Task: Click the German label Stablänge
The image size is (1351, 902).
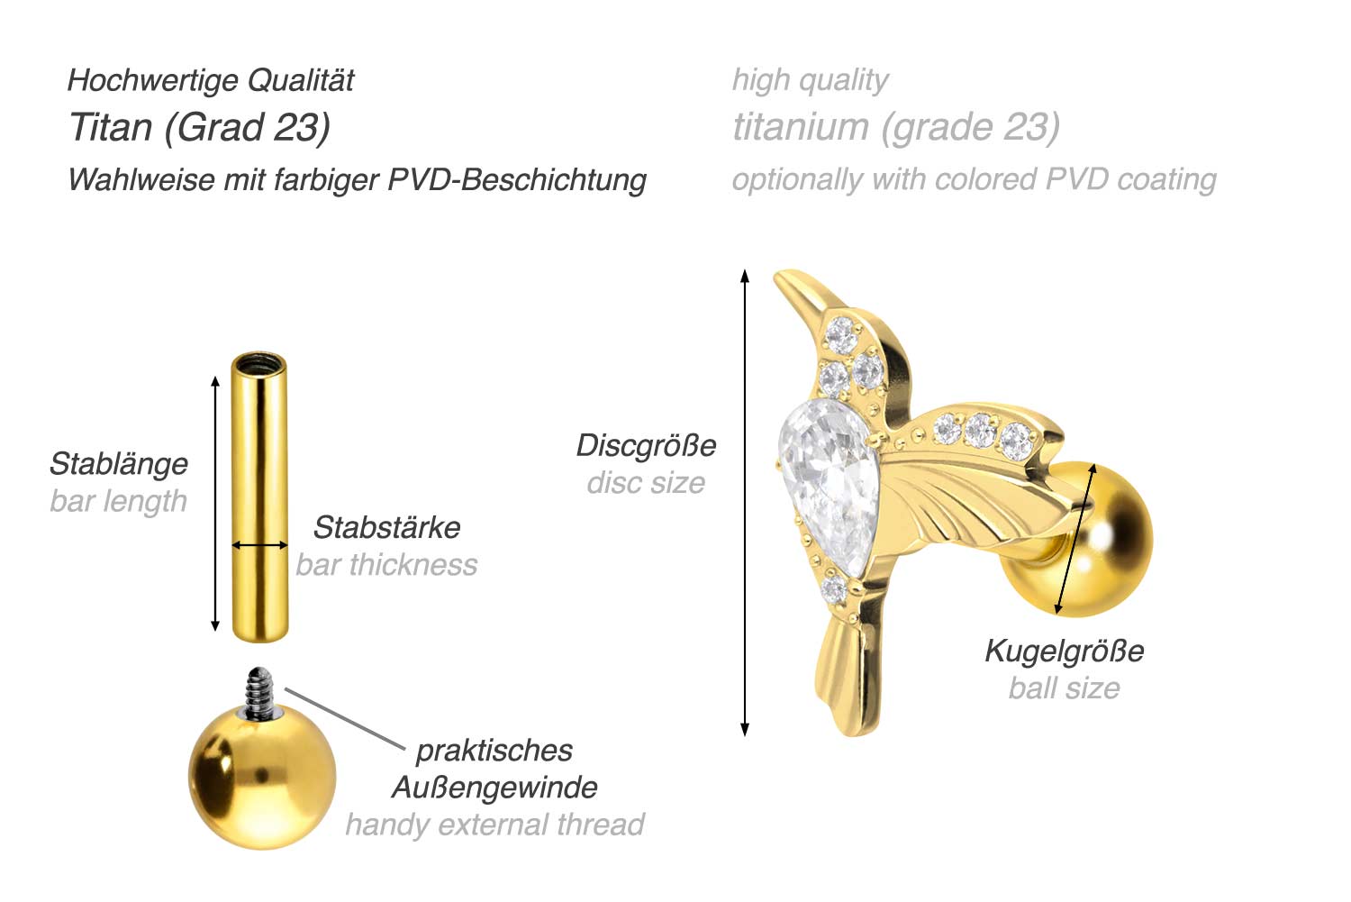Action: (x=119, y=464)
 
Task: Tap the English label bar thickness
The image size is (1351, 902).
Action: (x=386, y=565)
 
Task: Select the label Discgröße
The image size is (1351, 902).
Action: (x=646, y=446)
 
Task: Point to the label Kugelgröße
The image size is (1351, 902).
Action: (x=1064, y=651)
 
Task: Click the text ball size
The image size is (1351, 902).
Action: (x=1064, y=688)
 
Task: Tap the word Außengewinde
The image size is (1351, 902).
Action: (x=494, y=788)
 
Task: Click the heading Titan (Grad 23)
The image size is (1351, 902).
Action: (x=200, y=127)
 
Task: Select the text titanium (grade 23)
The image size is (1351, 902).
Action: (x=896, y=127)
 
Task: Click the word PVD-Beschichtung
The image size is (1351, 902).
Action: (x=517, y=180)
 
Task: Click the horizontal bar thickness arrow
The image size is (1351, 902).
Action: (x=259, y=545)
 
